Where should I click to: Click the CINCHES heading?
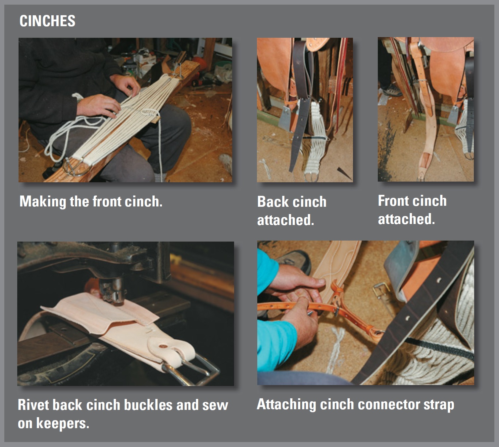[x=47, y=21]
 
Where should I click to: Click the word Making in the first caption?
[x=43, y=202]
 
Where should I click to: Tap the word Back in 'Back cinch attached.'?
[x=273, y=202]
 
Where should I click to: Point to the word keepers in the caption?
[x=63, y=424]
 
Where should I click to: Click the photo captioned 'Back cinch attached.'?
[x=305, y=110]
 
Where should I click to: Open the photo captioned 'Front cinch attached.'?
[x=426, y=109]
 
